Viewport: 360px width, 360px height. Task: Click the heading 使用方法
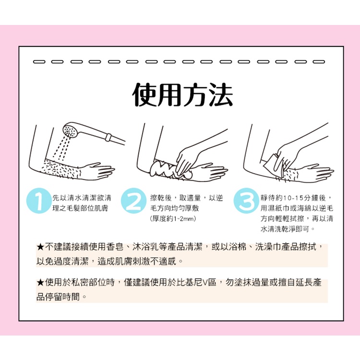pos(182,95)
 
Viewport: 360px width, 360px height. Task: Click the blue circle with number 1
pos(38,201)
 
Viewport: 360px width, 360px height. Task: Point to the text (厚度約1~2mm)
pos(173,218)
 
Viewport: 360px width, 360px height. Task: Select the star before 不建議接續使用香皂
pos(40,247)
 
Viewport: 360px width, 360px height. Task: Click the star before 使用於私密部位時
pos(40,283)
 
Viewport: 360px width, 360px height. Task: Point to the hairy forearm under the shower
pos(61,169)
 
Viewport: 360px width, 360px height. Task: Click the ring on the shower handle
pos(108,137)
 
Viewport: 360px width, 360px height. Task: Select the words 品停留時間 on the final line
pos(58,297)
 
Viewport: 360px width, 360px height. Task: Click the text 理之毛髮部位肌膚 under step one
pos(80,208)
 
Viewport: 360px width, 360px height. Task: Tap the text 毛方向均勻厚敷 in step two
pos(175,208)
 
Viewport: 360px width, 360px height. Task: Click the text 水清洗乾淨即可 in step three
pos(285,229)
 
